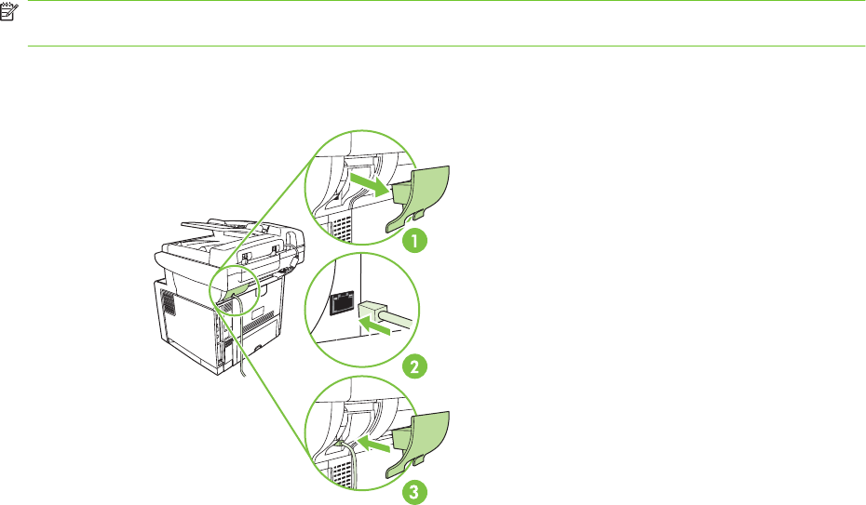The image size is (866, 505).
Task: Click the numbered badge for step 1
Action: [x=413, y=241]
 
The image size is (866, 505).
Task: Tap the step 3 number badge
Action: [x=413, y=490]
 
